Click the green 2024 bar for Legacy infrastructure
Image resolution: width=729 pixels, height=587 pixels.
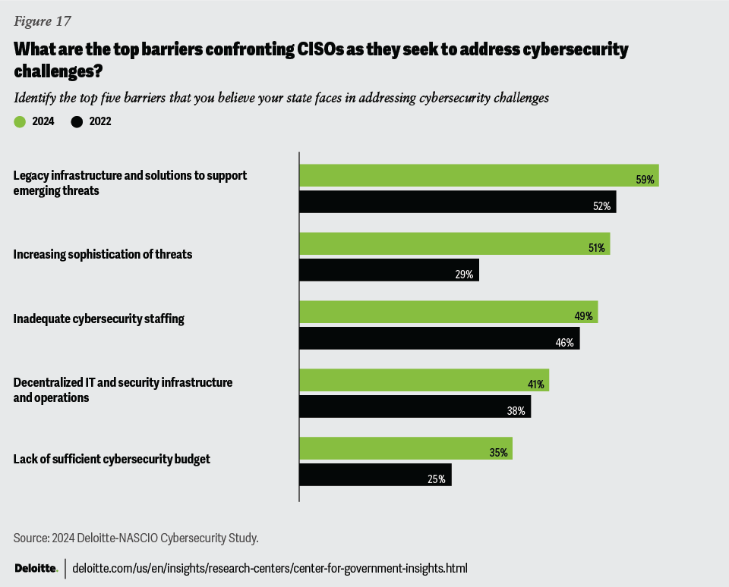tap(478, 175)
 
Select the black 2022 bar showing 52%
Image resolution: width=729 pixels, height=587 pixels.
tap(457, 202)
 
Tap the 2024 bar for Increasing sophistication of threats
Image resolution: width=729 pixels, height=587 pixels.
tap(454, 243)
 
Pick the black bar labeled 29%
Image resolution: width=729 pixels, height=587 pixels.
tap(389, 270)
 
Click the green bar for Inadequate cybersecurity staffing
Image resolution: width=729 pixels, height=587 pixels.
tap(448, 312)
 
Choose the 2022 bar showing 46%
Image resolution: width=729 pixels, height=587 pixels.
tap(439, 338)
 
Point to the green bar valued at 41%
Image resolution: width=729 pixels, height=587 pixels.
tap(424, 380)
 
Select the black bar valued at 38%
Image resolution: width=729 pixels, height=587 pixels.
tap(415, 407)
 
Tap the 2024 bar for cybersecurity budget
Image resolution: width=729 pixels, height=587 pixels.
tap(406, 448)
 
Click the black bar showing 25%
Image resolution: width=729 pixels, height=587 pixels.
tap(375, 475)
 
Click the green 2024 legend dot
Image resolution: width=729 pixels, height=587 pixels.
tap(19, 121)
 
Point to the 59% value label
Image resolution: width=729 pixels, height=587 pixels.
tap(645, 180)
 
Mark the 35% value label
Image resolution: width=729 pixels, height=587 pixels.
tap(498, 453)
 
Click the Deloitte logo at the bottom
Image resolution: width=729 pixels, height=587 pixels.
tap(36, 568)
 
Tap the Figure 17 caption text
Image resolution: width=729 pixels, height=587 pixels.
tap(42, 20)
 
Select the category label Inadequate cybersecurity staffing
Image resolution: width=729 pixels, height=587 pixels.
tap(99, 319)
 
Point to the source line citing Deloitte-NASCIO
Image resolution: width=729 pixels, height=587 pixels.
tap(137, 538)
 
